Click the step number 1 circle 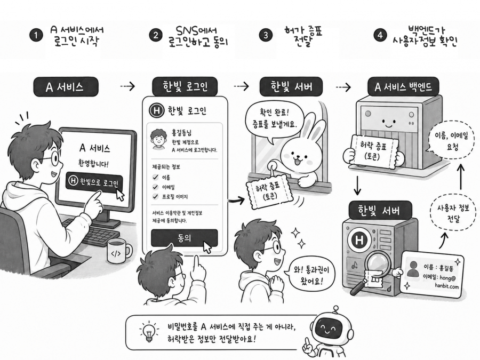(36, 35)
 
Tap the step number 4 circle (380, 35)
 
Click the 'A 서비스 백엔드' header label (403, 87)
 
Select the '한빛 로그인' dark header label (185, 86)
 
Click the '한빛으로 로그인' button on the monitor (94, 182)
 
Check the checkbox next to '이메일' (156, 187)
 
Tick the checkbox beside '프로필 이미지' (156, 196)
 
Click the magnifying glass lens (376, 264)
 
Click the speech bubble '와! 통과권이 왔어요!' (310, 274)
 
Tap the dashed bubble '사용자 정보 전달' (453, 213)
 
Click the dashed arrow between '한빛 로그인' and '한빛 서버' (241, 86)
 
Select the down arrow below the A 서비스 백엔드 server (357, 186)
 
